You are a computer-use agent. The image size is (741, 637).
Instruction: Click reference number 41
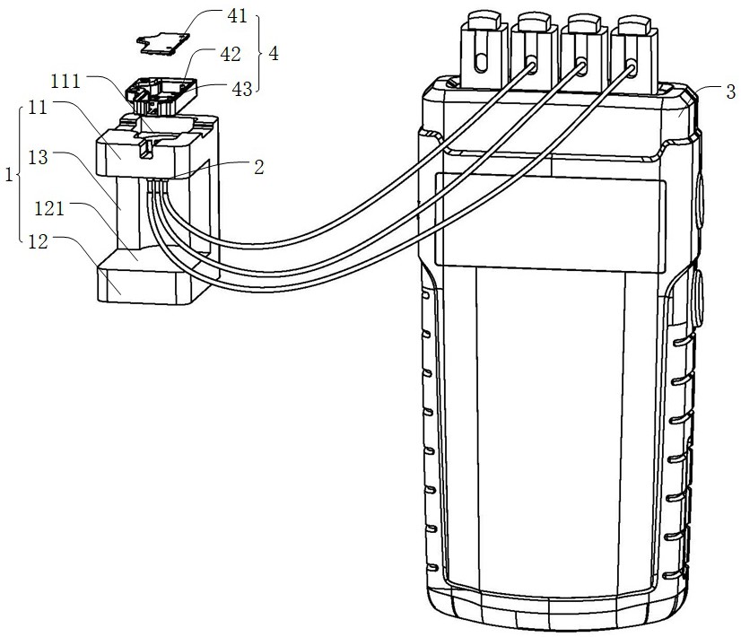(237, 16)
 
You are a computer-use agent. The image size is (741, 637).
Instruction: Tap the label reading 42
(231, 55)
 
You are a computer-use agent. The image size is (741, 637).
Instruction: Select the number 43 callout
(242, 89)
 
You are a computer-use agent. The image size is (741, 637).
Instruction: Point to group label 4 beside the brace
(273, 54)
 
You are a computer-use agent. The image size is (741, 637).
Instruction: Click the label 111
(65, 82)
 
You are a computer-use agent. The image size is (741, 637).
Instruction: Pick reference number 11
(38, 108)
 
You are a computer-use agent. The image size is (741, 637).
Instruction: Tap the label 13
(38, 157)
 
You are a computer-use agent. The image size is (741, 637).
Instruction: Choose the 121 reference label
(49, 208)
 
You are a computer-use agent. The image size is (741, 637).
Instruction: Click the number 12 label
(39, 242)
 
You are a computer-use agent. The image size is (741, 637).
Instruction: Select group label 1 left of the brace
(9, 175)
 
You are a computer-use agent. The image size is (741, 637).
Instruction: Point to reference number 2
(258, 167)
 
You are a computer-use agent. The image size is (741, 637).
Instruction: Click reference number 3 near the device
(730, 92)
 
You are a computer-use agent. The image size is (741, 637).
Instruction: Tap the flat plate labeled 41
(162, 42)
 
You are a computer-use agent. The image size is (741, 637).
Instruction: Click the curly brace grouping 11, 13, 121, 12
(19, 174)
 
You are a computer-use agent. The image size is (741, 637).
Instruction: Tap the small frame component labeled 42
(161, 96)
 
